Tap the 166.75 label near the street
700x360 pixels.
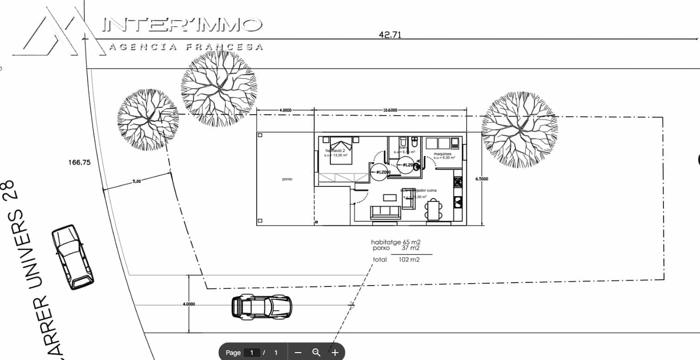pos(80,162)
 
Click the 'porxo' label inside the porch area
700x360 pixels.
pos(287,179)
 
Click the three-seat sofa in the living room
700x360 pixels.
pos(385,212)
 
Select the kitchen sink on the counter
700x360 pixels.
pos(458,202)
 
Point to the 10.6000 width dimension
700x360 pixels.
pos(390,110)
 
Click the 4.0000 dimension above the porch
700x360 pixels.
pos(285,110)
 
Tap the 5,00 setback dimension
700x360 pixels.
pos(136,181)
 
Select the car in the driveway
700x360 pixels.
pos(262,306)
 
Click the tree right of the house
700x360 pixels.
pos(519,129)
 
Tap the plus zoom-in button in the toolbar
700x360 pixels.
pos(335,353)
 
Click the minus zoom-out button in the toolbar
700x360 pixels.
pos(298,353)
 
